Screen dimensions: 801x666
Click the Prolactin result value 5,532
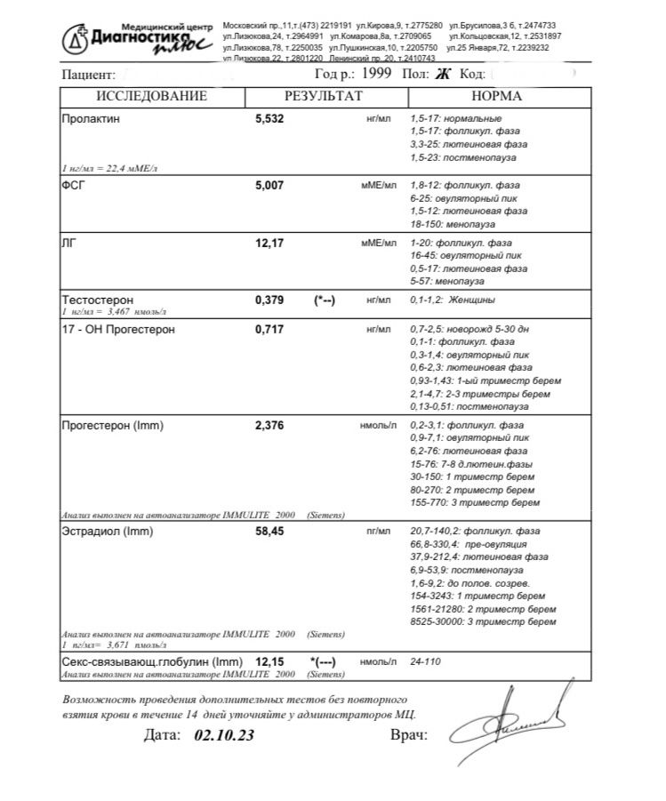click(x=269, y=118)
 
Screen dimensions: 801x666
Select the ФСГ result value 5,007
click(x=269, y=185)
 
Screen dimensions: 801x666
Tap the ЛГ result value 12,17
click(x=269, y=243)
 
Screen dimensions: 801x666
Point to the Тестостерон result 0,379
click(x=269, y=300)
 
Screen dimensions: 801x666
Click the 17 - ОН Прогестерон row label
click(x=118, y=329)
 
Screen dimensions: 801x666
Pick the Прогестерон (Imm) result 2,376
click(x=269, y=426)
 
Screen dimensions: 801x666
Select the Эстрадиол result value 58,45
click(x=269, y=532)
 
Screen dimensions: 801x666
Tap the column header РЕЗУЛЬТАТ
click(x=324, y=96)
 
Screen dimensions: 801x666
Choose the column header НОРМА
click(x=496, y=96)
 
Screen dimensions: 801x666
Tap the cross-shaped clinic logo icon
click(x=77, y=38)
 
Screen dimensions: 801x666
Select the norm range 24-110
click(x=425, y=662)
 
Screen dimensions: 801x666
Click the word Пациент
click(x=88, y=76)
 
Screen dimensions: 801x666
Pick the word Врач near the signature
click(x=409, y=735)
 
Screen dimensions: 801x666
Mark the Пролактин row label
click(x=90, y=118)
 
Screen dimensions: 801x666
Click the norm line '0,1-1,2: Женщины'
click(x=453, y=300)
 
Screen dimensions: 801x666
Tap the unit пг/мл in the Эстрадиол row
click(x=379, y=532)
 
